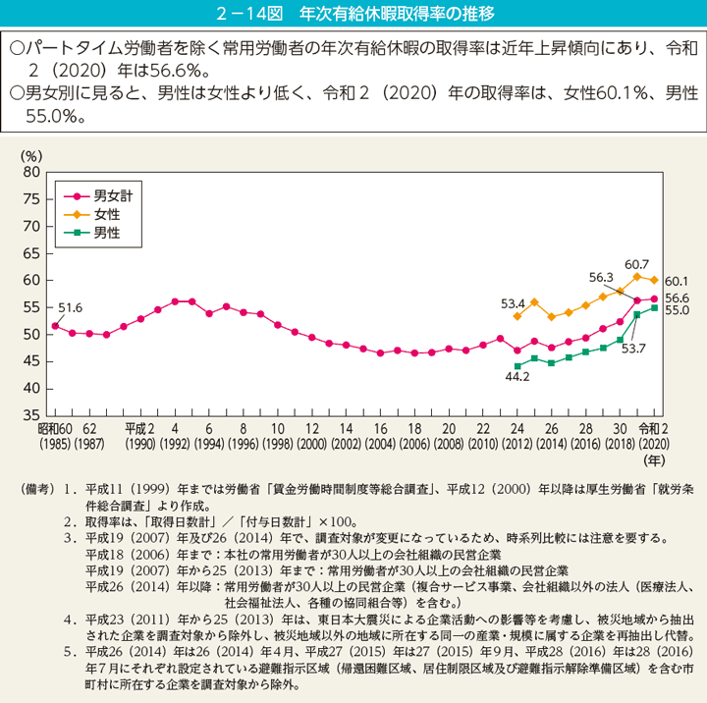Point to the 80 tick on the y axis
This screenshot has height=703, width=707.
tap(29, 172)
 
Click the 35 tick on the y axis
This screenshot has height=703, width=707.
tap(29, 416)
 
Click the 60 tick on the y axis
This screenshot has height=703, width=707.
tap(29, 281)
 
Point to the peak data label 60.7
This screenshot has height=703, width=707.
tap(637, 264)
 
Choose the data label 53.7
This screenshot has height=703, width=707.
tap(631, 348)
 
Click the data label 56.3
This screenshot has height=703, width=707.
tap(601, 278)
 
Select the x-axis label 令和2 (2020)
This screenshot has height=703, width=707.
tap(653, 437)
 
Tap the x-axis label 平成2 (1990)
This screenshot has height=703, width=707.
tap(139, 437)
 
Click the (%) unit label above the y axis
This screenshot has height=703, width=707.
tap(31, 155)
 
